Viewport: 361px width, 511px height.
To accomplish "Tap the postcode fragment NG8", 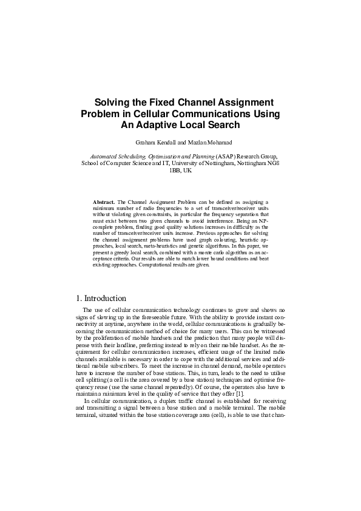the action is tap(273, 163).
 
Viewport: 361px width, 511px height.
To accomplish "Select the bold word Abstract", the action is tap(104, 201).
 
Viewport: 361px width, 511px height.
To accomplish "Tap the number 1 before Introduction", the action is tap(78, 299).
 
